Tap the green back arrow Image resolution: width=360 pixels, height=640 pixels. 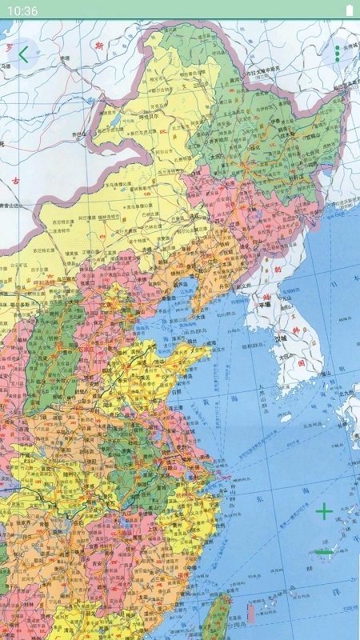(x=23, y=54)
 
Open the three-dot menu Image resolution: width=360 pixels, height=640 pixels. (x=337, y=54)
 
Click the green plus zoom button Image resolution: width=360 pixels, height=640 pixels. (x=324, y=511)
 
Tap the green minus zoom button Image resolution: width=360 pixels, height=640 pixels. (x=324, y=551)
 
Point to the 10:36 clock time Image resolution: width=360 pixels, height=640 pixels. (x=24, y=10)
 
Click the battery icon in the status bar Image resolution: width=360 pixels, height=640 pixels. (x=349, y=10)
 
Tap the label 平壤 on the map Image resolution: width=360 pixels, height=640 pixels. (x=264, y=304)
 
